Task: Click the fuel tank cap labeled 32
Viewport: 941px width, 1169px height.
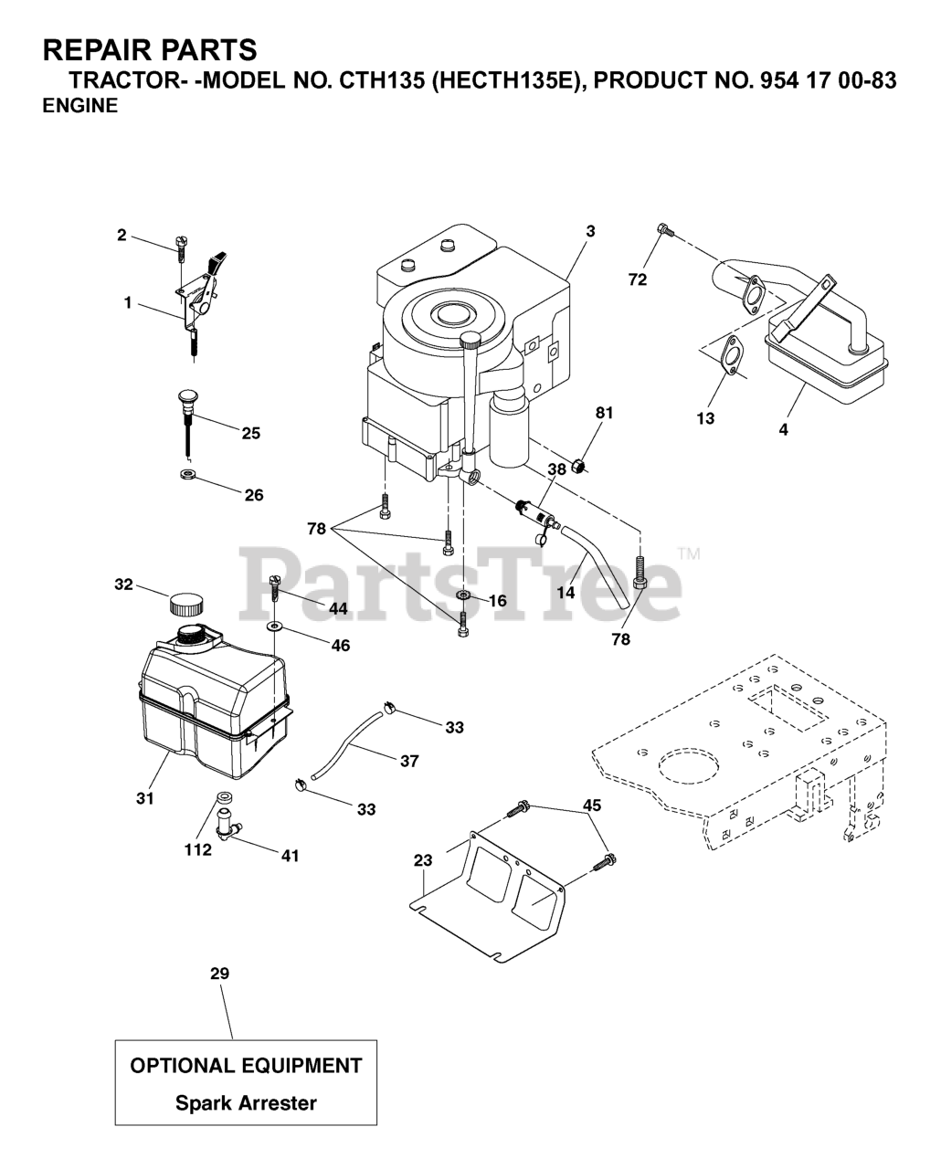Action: click(186, 604)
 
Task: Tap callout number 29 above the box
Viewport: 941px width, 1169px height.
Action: click(219, 974)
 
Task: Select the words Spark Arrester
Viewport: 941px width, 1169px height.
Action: click(246, 1103)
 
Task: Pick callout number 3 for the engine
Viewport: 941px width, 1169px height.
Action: click(590, 232)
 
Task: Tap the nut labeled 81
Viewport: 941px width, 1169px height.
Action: click(577, 468)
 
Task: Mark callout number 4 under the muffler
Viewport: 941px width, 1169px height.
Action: click(783, 429)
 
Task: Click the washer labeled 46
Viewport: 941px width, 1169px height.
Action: click(274, 627)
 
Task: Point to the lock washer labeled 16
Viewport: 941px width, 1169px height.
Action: click(463, 595)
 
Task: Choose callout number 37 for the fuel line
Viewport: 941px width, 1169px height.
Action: click(409, 760)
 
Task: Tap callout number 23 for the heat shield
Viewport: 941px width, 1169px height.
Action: click(422, 859)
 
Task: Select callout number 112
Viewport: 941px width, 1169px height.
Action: click(197, 849)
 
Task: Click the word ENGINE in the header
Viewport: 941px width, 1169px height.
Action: click(80, 106)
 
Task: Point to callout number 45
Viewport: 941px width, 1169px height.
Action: click(593, 806)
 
